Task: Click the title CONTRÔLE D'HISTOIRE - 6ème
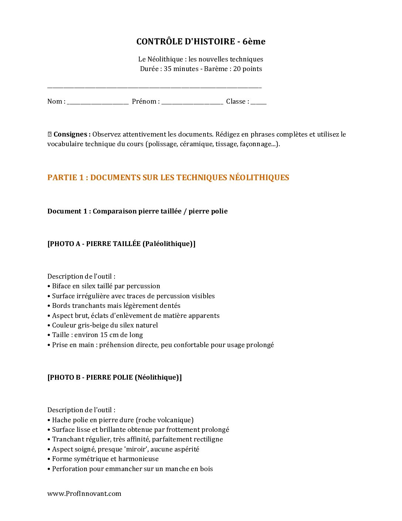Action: point(201,41)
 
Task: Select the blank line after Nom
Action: point(98,102)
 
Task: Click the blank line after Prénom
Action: point(192,102)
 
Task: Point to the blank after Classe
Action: point(258,102)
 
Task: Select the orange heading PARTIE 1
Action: point(168,178)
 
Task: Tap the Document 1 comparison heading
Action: point(137,211)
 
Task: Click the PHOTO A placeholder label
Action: point(121,244)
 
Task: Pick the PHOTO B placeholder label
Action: point(115,377)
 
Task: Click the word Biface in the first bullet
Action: point(61,286)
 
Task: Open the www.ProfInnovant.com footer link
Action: point(84,494)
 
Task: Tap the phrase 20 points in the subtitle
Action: point(248,69)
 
